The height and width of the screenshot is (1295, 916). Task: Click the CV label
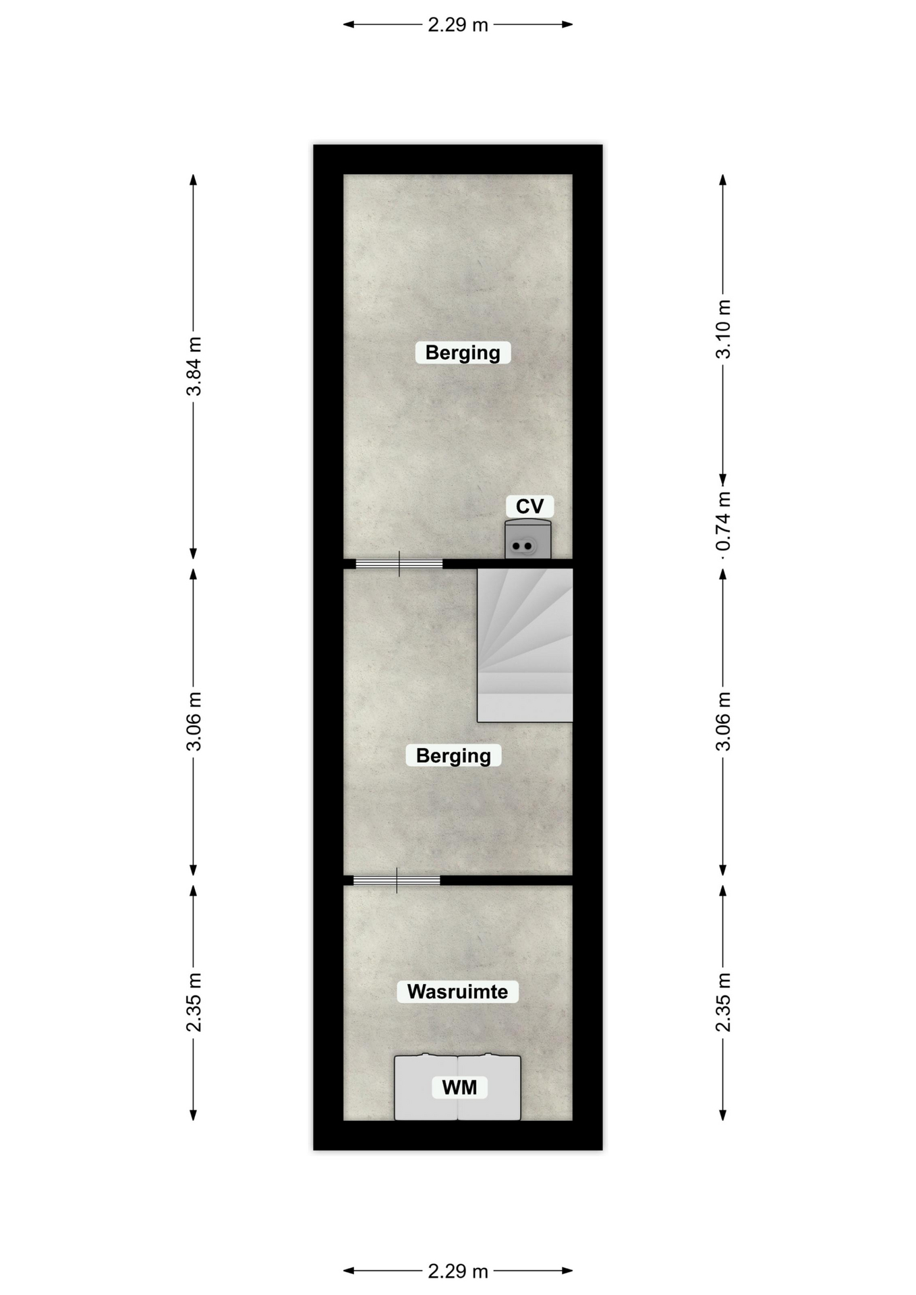point(529,506)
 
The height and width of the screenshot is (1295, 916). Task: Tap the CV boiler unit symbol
point(528,540)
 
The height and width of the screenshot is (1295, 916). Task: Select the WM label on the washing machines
point(459,1087)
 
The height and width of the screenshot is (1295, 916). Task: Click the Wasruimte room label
point(457,991)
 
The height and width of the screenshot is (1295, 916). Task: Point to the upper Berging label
point(463,352)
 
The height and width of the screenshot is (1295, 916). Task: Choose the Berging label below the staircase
point(453,755)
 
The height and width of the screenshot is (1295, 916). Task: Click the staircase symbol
point(525,645)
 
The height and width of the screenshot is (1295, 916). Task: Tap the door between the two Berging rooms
point(399,564)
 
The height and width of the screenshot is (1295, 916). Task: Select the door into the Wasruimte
point(397,880)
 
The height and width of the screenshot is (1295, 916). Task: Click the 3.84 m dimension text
point(194,366)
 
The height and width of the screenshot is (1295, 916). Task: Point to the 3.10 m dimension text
point(724,329)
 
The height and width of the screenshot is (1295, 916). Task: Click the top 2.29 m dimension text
point(458,25)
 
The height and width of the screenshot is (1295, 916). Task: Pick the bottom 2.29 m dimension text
point(458,1271)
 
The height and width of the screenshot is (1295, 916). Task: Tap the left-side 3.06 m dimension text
point(194,721)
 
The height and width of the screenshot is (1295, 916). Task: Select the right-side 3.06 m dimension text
point(724,721)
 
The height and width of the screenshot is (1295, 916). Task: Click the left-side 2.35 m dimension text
point(194,1002)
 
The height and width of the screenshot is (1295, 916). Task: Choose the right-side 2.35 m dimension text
point(724,1002)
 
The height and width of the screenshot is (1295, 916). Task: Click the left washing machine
point(426,1087)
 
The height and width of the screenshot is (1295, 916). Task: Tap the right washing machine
point(489,1087)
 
